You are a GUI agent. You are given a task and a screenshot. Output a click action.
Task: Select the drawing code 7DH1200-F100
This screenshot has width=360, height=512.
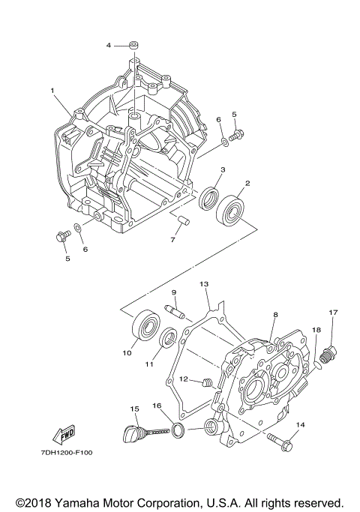62,454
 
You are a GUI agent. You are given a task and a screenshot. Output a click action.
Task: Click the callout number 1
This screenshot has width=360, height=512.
53,91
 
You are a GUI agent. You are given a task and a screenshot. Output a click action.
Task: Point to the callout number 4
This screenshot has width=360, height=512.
109,45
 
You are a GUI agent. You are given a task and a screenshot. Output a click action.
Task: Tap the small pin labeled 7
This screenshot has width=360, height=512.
181,220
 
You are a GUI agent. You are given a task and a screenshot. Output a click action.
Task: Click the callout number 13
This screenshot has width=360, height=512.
203,285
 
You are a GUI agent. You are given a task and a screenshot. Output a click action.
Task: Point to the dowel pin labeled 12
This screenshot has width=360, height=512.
207,385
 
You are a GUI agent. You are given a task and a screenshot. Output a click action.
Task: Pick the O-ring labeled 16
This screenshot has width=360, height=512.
178,430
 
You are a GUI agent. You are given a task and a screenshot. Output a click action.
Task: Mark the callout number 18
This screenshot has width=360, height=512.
316,330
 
